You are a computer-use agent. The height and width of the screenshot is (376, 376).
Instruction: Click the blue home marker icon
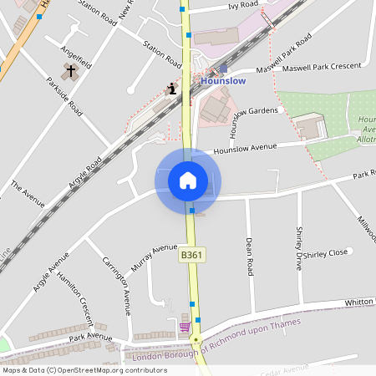coord(188,180)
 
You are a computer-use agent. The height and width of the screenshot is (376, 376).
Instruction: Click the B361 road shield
coord(192,255)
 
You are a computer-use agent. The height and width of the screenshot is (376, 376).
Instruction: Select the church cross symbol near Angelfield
coord(71,72)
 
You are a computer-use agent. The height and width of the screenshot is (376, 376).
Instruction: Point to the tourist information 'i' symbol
coord(172,88)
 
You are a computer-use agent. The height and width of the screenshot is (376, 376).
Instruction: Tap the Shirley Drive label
coord(299,241)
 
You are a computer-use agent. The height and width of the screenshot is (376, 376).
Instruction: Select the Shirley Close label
coord(326,253)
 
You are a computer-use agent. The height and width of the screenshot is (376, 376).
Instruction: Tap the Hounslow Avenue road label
coord(245,148)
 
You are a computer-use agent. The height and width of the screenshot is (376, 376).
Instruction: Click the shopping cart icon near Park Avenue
coord(185,327)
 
